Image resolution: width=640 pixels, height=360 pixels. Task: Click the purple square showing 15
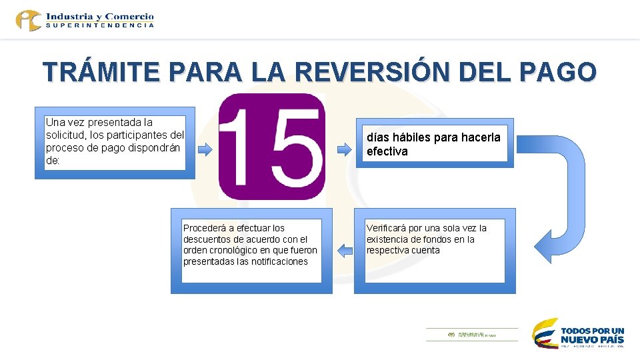coord(272,147)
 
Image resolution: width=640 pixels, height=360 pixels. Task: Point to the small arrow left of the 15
coord(206,149)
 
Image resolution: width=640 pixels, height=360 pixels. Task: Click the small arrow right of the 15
coord(343,149)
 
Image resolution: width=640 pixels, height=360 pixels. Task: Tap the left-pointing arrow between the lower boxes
coord(344,251)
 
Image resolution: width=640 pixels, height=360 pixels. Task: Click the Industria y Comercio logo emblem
coord(29,20)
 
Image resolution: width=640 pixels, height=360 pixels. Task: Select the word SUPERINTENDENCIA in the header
coord(100,25)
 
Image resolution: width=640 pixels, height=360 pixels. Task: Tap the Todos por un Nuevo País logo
coord(579,333)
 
